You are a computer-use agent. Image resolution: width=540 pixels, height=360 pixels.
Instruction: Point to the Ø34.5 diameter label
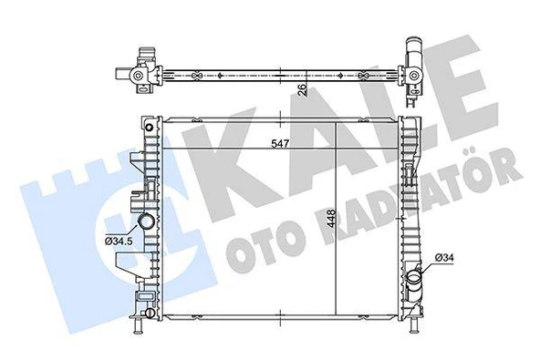coord(119,240)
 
